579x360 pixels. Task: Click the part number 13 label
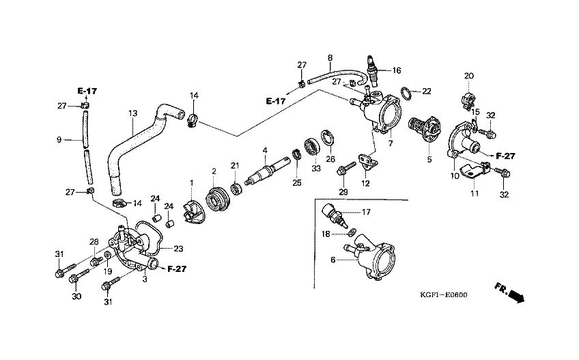132,113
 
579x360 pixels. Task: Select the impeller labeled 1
195,209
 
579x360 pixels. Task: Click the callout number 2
213,171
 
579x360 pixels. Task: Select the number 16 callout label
397,70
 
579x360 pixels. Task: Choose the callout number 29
343,193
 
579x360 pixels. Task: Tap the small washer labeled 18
352,234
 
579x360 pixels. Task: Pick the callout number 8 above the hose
330,58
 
